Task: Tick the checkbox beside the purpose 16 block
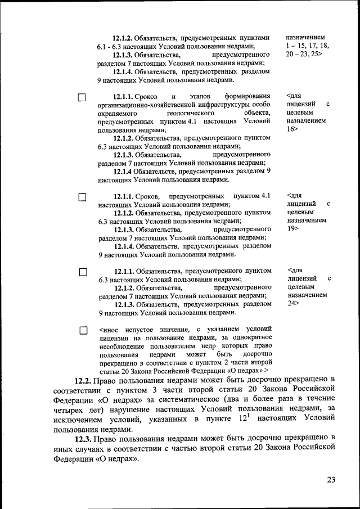(x=82, y=98)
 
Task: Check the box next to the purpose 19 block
(x=82, y=197)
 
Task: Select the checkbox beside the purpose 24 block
(x=82, y=272)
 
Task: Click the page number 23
(x=330, y=480)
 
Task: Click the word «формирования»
(x=247, y=96)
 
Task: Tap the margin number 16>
(x=292, y=129)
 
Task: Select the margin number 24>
(x=292, y=303)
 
